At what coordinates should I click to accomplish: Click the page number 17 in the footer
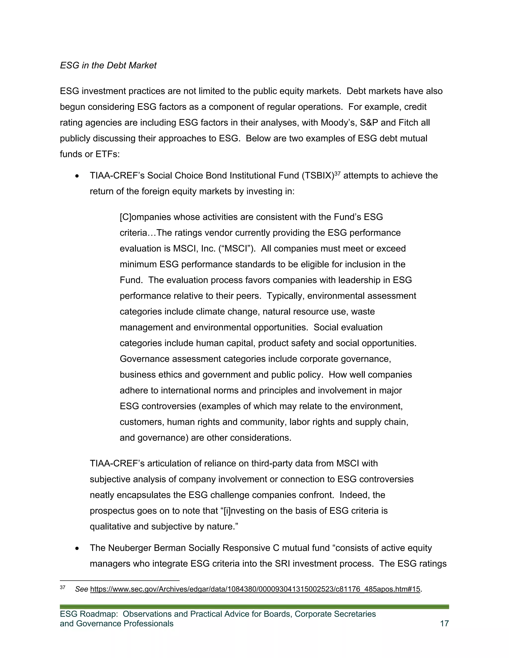(444, 623)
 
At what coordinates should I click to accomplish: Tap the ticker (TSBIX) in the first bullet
(318, 176)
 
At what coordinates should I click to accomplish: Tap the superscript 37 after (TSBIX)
(338, 174)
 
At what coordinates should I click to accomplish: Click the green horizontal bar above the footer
(254, 607)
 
